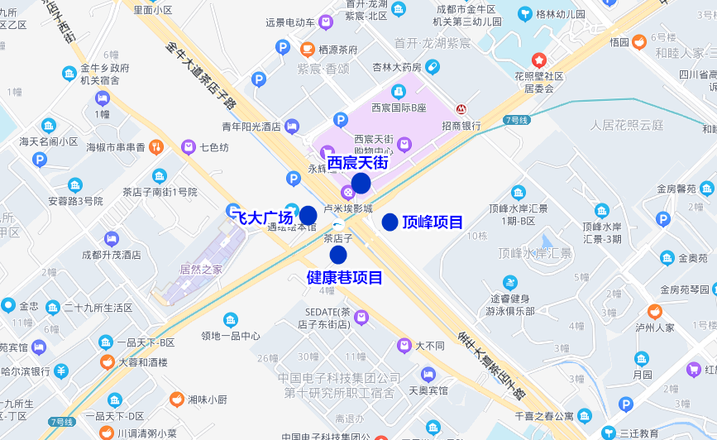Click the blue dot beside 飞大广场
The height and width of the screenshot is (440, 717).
[x=308, y=216]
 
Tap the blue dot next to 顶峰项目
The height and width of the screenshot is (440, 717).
[x=390, y=222]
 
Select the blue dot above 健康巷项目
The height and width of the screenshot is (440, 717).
[x=337, y=255]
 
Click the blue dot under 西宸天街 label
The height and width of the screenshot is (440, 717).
[x=361, y=184]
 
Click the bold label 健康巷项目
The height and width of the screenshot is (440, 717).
[x=345, y=278]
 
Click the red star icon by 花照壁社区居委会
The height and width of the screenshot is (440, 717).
[x=539, y=60]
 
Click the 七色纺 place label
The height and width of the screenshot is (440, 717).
[x=214, y=148]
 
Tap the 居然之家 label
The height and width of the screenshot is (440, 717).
[x=200, y=270]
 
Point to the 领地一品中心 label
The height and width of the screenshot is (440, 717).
[x=230, y=336]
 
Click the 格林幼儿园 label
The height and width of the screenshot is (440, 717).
[x=561, y=14]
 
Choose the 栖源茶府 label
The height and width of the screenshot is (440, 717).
[x=337, y=49]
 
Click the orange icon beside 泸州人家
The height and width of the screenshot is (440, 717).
[x=655, y=311]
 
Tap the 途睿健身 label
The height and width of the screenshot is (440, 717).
[x=509, y=299]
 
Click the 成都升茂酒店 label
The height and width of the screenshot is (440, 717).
[x=111, y=255]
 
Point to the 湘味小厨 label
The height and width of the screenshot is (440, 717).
[x=207, y=399]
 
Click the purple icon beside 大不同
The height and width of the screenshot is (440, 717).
[x=404, y=345]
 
